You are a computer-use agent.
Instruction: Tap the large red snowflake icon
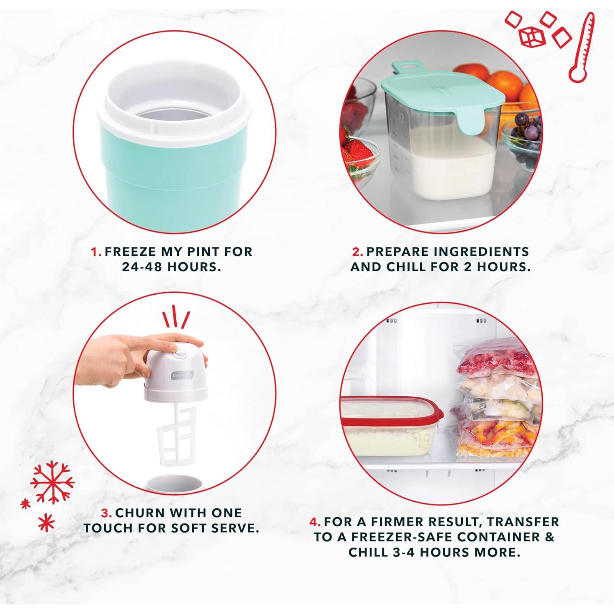[52, 481]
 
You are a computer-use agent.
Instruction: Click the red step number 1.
[96, 251]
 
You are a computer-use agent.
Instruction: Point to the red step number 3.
[106, 513]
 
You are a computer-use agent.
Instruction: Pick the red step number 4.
[314, 522]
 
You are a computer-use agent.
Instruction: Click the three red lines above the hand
[177, 316]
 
